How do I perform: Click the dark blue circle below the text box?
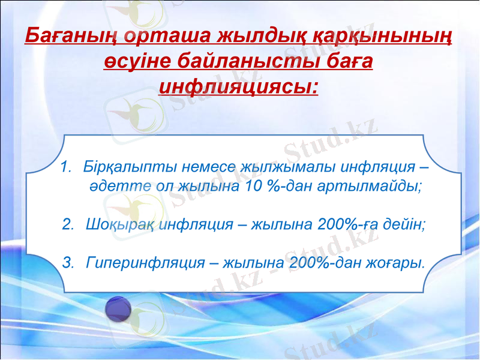click(x=118, y=311)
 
